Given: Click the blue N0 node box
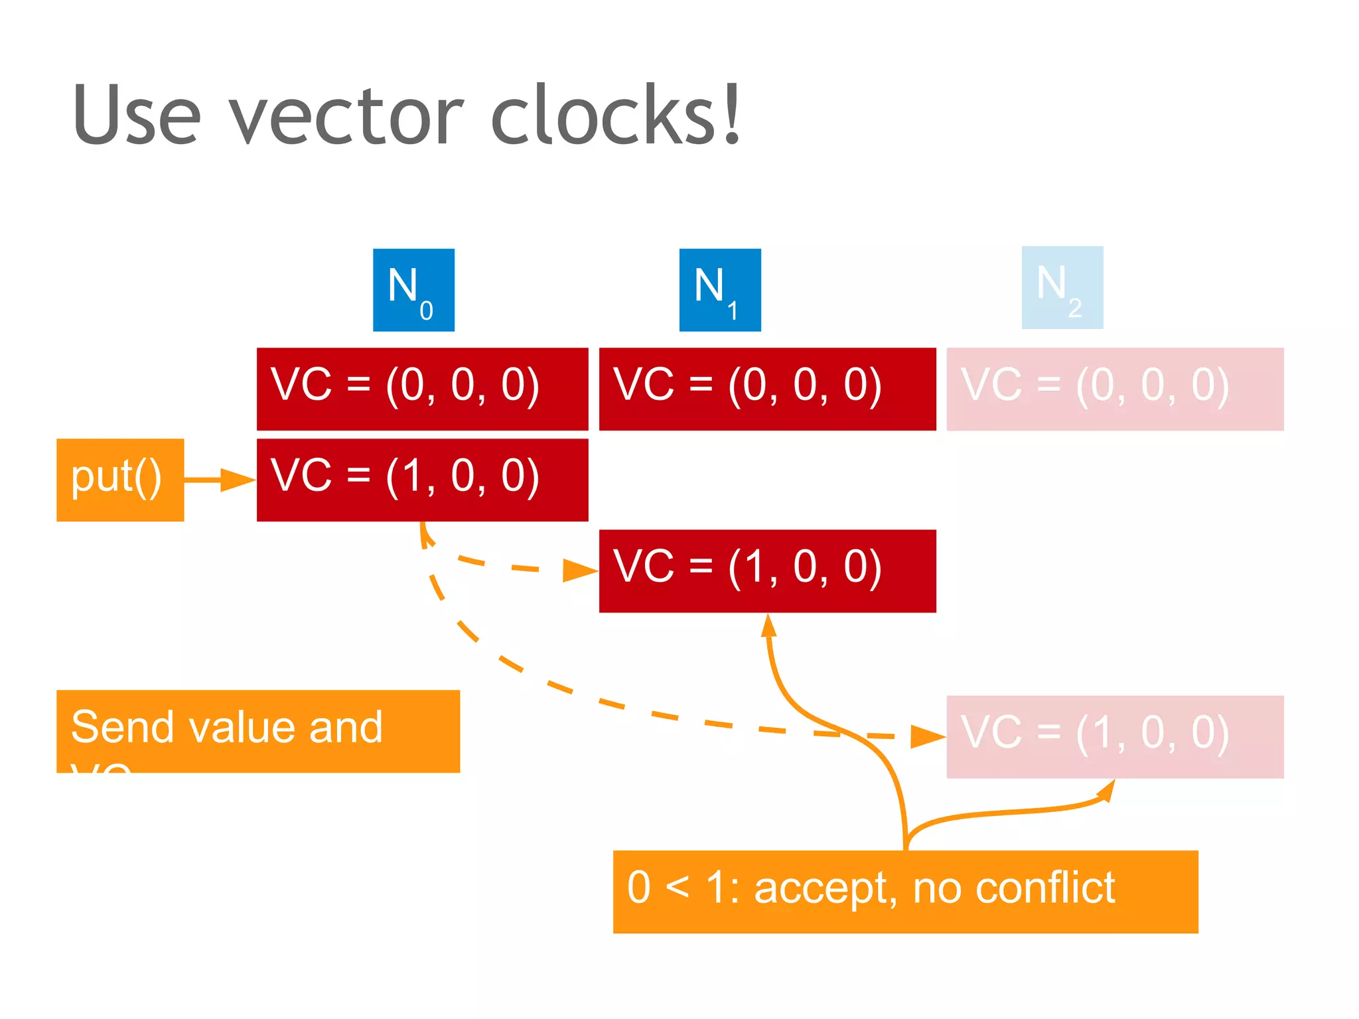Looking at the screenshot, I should click(413, 290).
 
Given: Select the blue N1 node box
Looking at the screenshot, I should click(720, 290).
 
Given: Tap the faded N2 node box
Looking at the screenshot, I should click(1062, 287).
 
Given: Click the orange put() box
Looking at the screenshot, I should click(120, 480).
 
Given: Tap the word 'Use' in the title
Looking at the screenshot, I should click(136, 116).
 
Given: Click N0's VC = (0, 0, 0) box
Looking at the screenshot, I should click(422, 389).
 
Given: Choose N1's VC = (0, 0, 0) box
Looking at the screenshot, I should click(767, 389).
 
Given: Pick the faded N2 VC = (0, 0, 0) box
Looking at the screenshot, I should click(1115, 389).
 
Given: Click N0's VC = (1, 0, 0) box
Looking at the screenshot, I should click(422, 480).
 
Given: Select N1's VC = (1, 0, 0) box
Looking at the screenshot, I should click(767, 571).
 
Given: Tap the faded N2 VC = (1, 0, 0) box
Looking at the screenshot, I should click(1115, 736).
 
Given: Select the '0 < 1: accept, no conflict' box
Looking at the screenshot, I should click(905, 892).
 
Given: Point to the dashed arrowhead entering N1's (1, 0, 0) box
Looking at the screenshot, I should click(581, 571).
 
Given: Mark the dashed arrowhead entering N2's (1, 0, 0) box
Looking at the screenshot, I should click(928, 736).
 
